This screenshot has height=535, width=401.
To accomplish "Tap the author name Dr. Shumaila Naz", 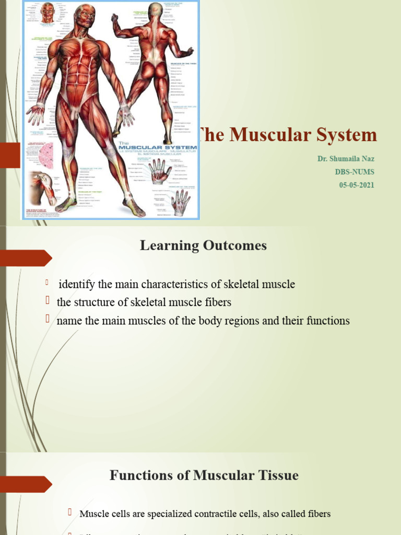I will point(346,159).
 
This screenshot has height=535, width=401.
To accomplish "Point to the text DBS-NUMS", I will point(355,172).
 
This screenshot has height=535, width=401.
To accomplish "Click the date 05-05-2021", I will point(357,185).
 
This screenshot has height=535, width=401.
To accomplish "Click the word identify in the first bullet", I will point(77,285).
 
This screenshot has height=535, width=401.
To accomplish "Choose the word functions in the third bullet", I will point(326,321).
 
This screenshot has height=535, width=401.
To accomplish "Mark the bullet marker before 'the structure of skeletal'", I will point(47,301).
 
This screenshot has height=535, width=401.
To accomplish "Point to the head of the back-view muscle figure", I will point(155,11).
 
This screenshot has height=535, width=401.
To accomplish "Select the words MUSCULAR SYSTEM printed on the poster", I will point(157,148).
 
